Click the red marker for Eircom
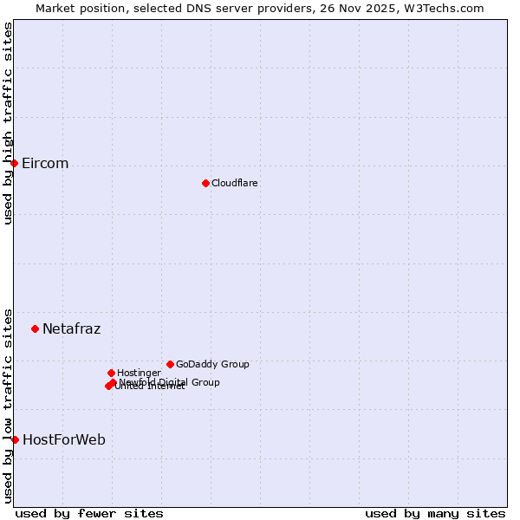[14, 163]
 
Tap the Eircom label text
[45, 164]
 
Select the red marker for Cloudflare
[205, 183]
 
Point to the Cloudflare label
[235, 183]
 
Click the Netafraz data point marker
[35, 328]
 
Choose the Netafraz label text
[72, 329]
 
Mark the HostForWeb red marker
[15, 439]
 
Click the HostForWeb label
[64, 440]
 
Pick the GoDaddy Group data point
[170, 364]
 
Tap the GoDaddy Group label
[212, 365]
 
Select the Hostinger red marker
[111, 373]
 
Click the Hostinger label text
[139, 374]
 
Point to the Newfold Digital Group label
[170, 382]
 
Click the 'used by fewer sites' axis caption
[89, 513]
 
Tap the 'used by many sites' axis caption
[435, 513]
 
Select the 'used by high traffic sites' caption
[8, 123]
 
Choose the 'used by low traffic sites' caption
[8, 406]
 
